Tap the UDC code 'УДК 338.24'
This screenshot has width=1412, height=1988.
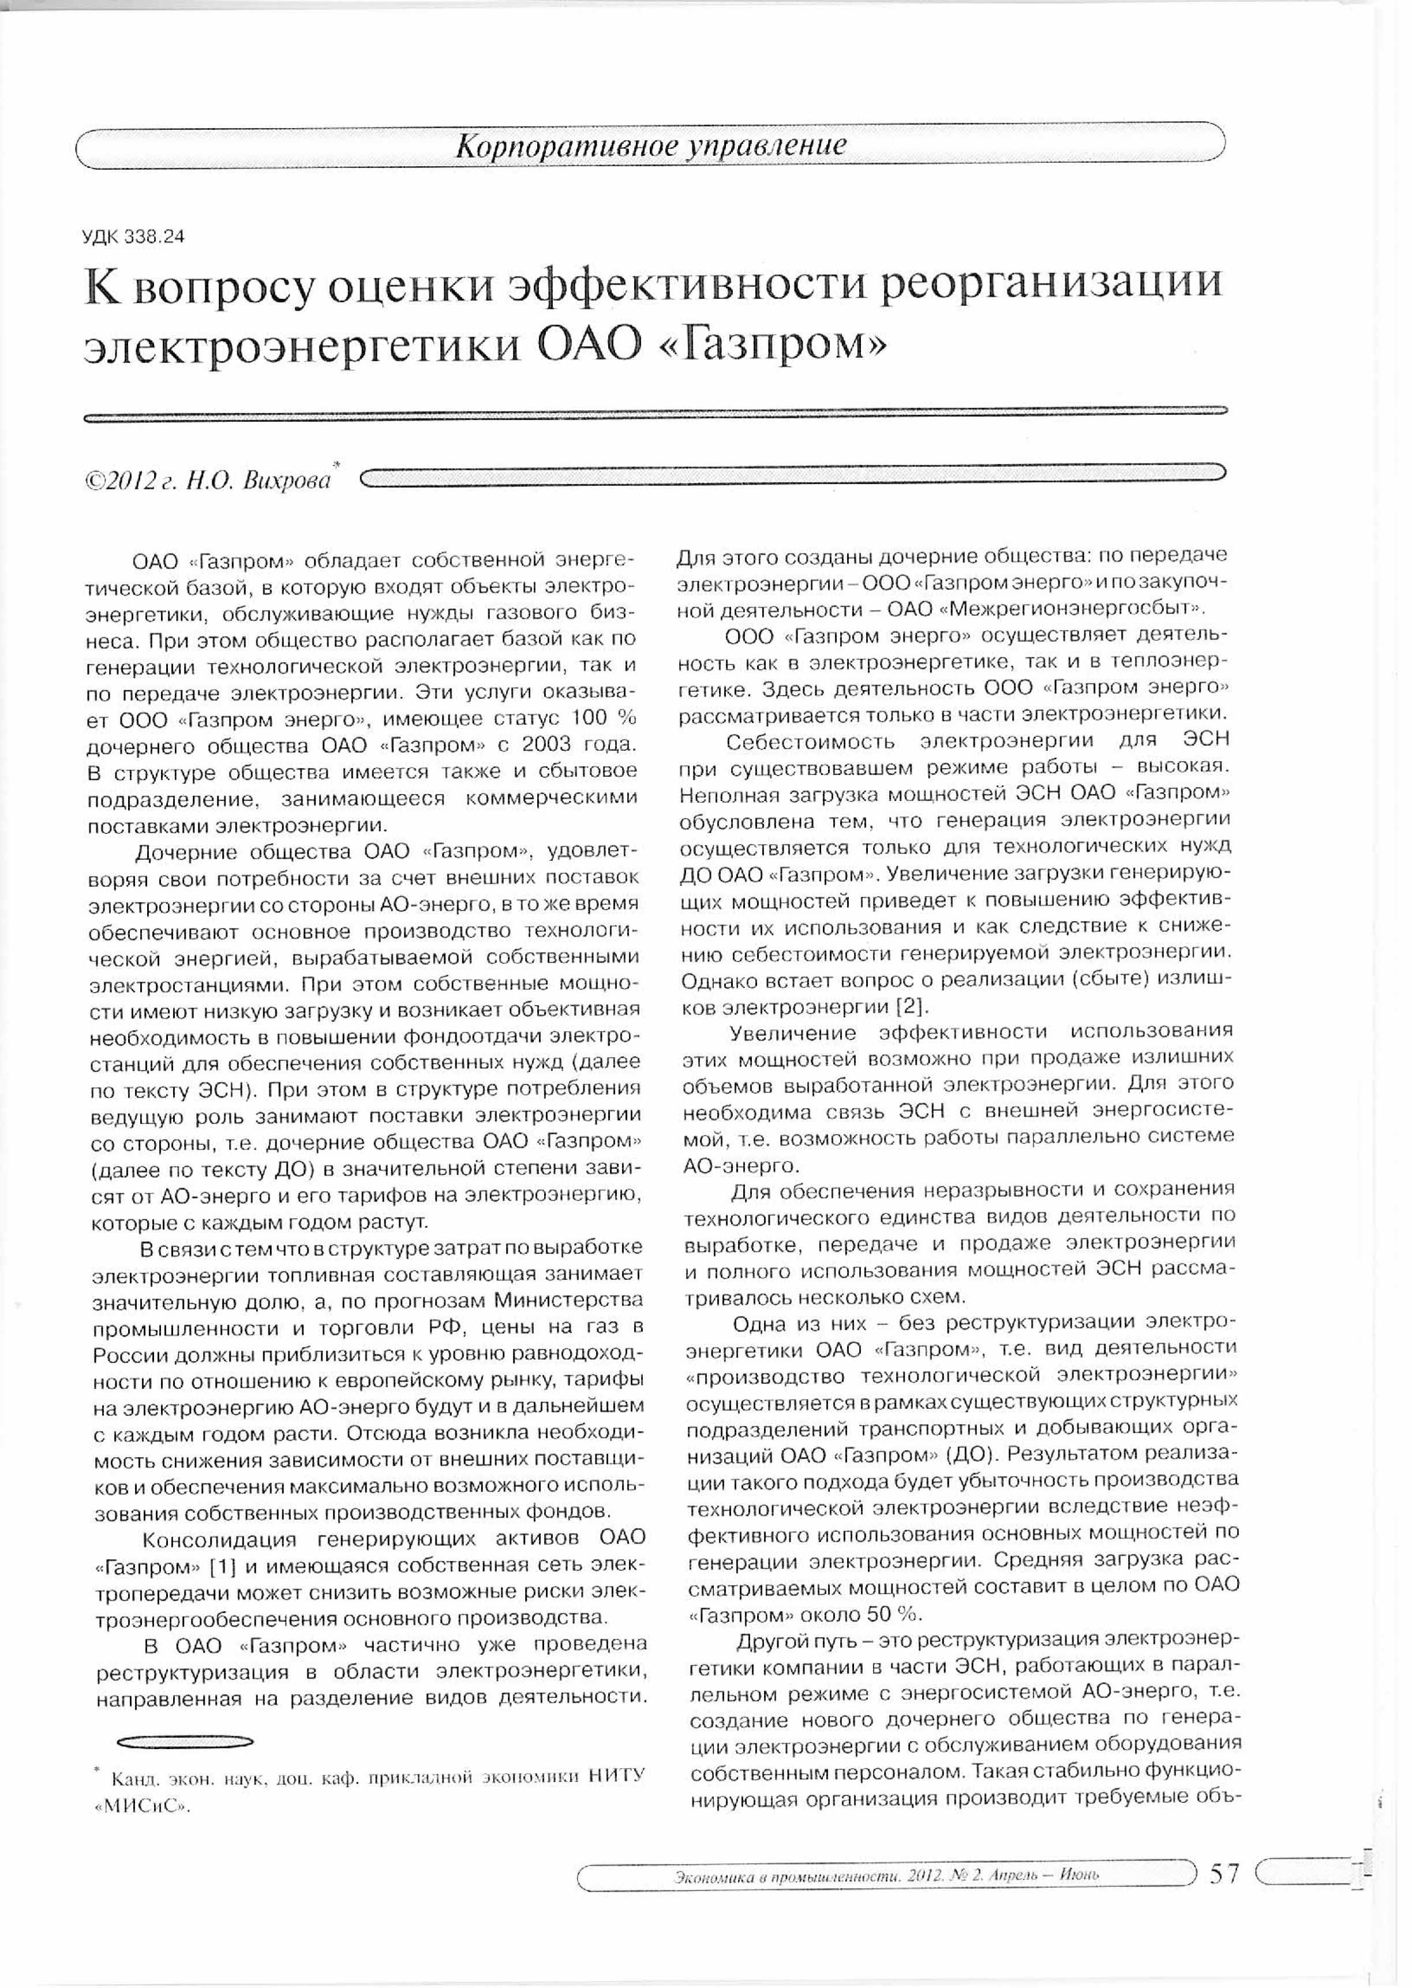click(134, 237)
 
